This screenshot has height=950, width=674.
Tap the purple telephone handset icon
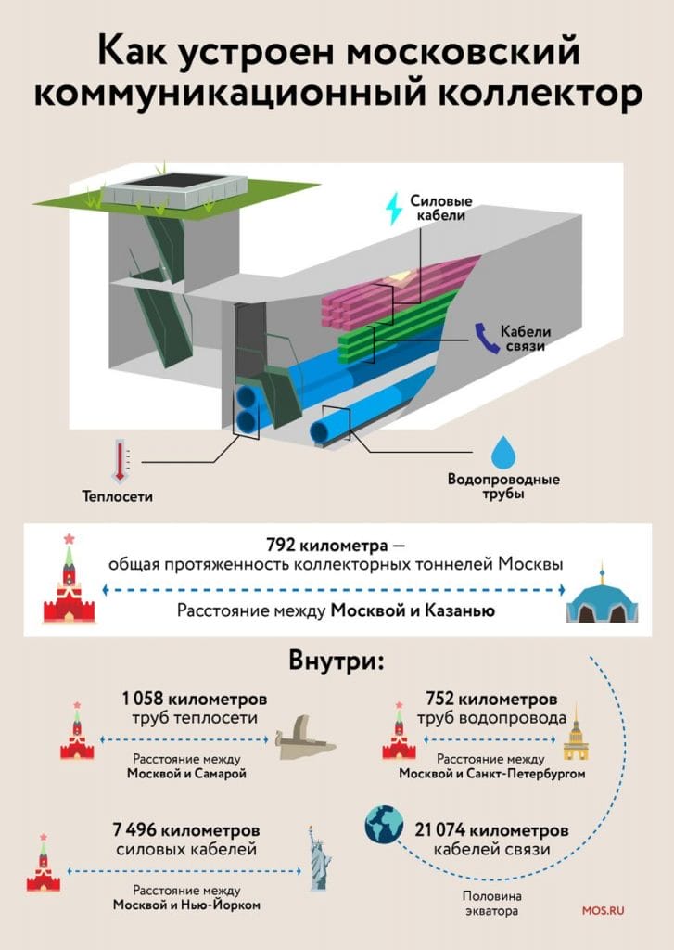pyautogui.click(x=482, y=335)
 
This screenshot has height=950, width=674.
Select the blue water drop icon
pyautogui.click(x=503, y=453)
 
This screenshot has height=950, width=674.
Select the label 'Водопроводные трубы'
pyautogui.click(x=503, y=487)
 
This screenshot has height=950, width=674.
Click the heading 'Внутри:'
pyautogui.click(x=337, y=663)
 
